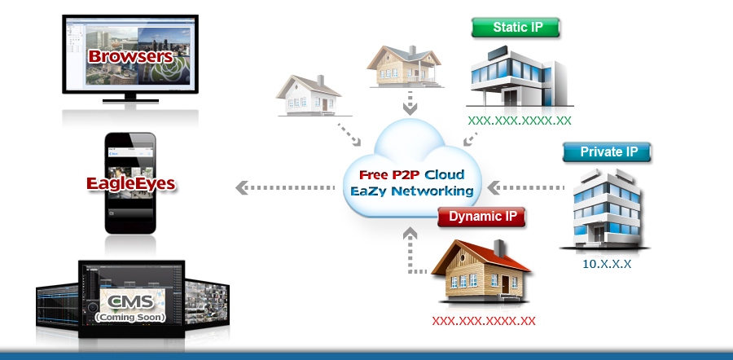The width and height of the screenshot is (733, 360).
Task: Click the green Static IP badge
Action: coord(516,27)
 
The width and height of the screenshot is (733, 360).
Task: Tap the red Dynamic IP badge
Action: coord(482,217)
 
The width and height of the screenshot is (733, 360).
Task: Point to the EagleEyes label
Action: coord(131,182)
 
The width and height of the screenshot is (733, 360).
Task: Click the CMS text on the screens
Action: coord(130,303)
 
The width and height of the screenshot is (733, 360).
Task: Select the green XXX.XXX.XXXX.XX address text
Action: coord(520,120)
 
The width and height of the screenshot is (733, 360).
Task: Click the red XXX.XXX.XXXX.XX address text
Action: coord(484,320)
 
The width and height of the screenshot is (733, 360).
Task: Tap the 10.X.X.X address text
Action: coord(607,264)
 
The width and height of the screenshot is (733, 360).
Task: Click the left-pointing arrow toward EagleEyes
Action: coord(285,188)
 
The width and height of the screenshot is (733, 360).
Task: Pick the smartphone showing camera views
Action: coord(131,183)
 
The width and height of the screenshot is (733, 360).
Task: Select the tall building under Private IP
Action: coord(605,208)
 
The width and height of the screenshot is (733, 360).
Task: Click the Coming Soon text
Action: coord(130,316)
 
